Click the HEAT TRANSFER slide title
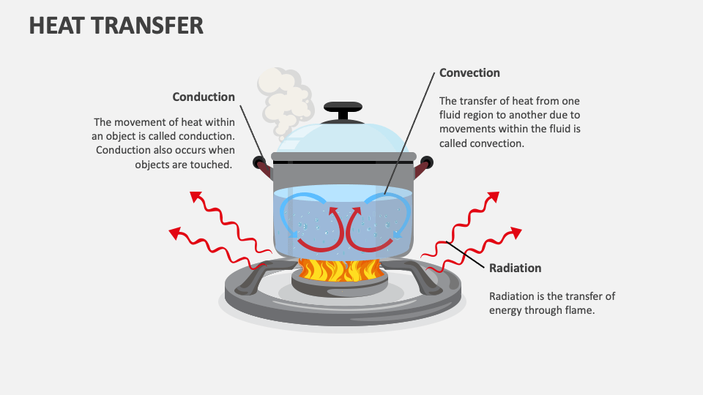(x=116, y=26)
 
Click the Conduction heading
(x=204, y=97)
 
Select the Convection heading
(x=469, y=73)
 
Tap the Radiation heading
(x=515, y=268)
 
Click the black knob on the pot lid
(x=343, y=110)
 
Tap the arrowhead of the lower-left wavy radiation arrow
(x=174, y=233)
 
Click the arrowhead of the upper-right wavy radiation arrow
(x=493, y=196)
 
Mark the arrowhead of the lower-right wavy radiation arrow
(x=516, y=233)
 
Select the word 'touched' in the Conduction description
(x=212, y=164)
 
